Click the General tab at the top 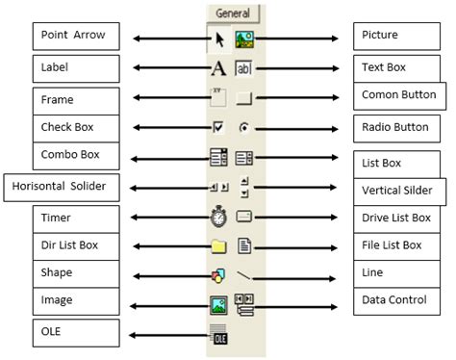click(231, 13)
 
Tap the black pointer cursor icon click(219, 39)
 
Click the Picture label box click(396, 38)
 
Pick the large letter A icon click(218, 69)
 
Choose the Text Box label click(396, 68)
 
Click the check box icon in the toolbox click(218, 126)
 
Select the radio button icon click(243, 126)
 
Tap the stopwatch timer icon click(218, 217)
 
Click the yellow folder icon click(218, 246)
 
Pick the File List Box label click(396, 246)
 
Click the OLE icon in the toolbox click(218, 335)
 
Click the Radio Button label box click(396, 126)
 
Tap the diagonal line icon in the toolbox click(243, 276)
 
